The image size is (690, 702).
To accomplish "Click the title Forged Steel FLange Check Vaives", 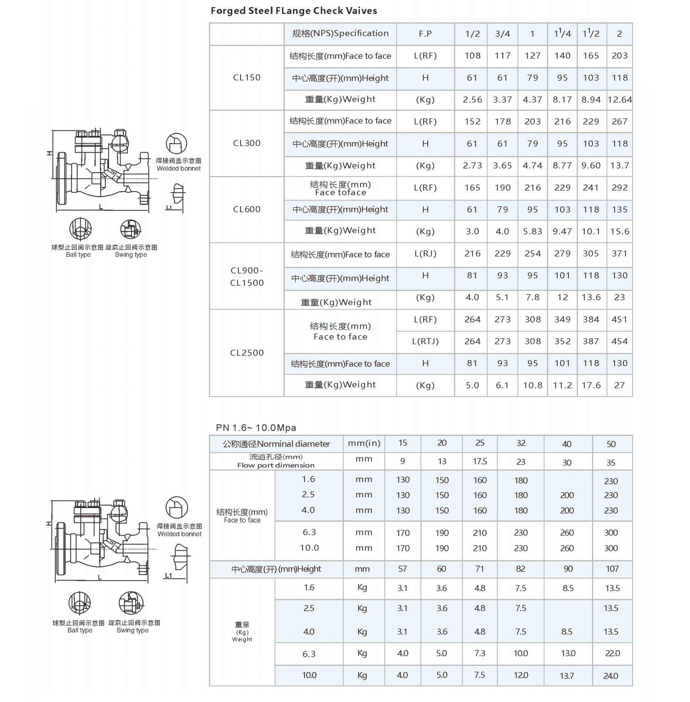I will (294, 11).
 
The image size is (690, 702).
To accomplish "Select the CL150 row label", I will (247, 77).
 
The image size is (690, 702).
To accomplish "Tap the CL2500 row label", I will (247, 353).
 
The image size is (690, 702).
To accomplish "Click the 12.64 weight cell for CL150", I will (620, 100).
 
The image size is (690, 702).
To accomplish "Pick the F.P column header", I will (425, 34).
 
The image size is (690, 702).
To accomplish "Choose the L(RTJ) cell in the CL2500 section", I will (425, 342).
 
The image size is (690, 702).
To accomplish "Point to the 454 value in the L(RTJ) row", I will (620, 342).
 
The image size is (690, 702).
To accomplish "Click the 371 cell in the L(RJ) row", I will (620, 254).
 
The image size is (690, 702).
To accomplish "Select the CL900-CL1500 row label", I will (247, 276).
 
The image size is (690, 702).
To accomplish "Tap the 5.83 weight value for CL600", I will (532, 232).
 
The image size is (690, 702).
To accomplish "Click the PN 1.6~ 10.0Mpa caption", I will (256, 428).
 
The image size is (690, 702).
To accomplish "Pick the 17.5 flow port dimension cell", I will (480, 462).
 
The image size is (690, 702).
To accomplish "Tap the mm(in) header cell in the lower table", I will (364, 443).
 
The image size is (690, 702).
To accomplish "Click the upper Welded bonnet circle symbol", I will (177, 144).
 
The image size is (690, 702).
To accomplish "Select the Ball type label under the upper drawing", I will (78, 255).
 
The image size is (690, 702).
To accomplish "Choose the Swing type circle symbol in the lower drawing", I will (131, 603).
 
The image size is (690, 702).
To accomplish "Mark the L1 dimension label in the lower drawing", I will (168, 575).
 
